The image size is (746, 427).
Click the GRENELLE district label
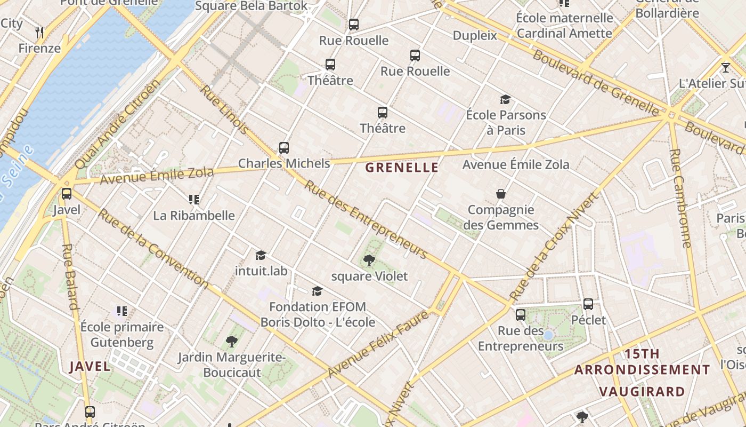coord(402,168)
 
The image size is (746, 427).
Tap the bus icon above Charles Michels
coord(284,148)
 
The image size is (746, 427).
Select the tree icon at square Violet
coord(369,260)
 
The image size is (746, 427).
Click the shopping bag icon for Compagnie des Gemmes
coord(501,194)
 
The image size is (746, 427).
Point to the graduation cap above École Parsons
coord(505,99)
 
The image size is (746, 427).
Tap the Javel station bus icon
coord(67,194)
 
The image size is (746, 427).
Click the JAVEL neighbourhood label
coord(90,367)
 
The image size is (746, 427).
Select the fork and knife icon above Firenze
coord(39,33)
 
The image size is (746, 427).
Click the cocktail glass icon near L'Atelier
coord(725,68)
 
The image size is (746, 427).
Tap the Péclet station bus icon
coord(588,304)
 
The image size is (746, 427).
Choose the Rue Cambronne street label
coord(680,197)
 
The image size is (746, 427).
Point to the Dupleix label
coord(474,36)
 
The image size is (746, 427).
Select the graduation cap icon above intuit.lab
coord(261,255)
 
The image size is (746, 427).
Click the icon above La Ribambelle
coord(194,200)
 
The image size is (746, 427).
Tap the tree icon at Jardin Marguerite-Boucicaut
coord(231,341)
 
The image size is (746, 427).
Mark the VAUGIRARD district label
coord(642,392)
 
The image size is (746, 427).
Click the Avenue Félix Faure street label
coord(378,345)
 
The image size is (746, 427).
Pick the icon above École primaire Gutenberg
coord(122,311)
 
